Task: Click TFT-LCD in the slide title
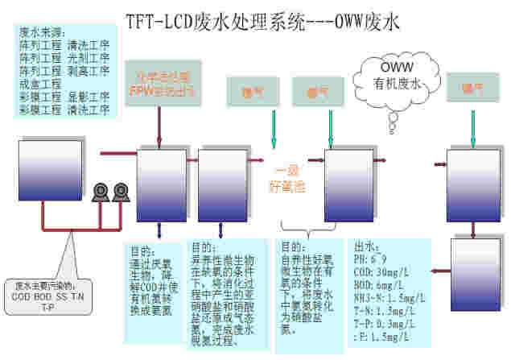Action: click(156, 19)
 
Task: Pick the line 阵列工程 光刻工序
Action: click(64, 57)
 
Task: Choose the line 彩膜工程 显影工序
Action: click(64, 97)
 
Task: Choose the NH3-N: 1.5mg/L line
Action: click(389, 296)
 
